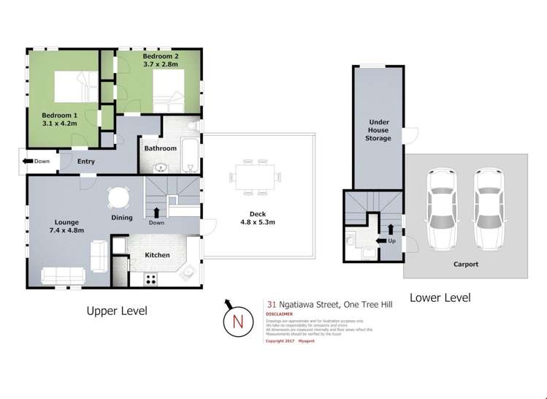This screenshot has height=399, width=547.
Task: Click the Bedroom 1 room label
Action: [x=59, y=115]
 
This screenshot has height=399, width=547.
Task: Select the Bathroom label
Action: [x=160, y=148]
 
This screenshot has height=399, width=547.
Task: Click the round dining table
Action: [x=118, y=198]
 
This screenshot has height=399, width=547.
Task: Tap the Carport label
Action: [x=464, y=265]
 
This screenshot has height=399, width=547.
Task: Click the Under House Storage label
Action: [x=378, y=131]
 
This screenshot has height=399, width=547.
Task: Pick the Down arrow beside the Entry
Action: [x=28, y=161]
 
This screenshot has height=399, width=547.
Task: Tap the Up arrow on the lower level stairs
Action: [x=379, y=240]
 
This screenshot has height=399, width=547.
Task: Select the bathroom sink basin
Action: [x=160, y=167]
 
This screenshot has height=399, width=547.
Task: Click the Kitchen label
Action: [x=157, y=255]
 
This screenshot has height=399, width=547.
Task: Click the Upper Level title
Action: [x=117, y=311]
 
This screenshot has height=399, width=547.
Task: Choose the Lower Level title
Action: [x=440, y=297]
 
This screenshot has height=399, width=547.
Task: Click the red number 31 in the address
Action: [x=271, y=306]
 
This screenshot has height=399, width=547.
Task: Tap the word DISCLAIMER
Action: [x=279, y=315]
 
